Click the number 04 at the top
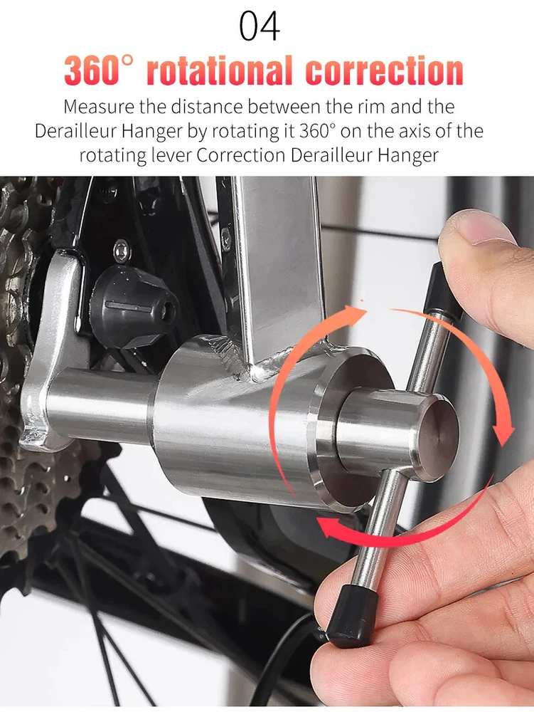click(260, 26)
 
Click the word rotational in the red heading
click(220, 70)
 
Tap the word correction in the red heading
click(385, 70)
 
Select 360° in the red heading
click(99, 70)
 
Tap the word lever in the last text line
click(171, 155)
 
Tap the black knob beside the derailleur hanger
click(133, 306)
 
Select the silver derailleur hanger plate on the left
click(52, 350)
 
